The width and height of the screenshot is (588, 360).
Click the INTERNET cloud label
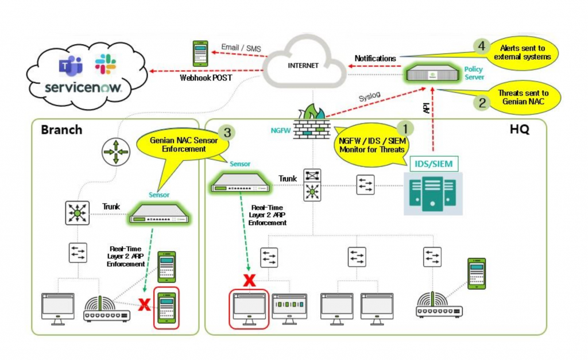click(303, 65)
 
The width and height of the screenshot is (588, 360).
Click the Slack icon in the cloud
click(105, 64)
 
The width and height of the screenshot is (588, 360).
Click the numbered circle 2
click(481, 103)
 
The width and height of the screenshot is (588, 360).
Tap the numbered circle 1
click(405, 127)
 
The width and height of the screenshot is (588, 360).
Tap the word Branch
click(61, 129)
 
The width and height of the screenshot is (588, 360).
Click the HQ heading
click(519, 130)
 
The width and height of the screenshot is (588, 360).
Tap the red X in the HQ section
click(249, 280)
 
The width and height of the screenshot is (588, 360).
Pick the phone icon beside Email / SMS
click(200, 53)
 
